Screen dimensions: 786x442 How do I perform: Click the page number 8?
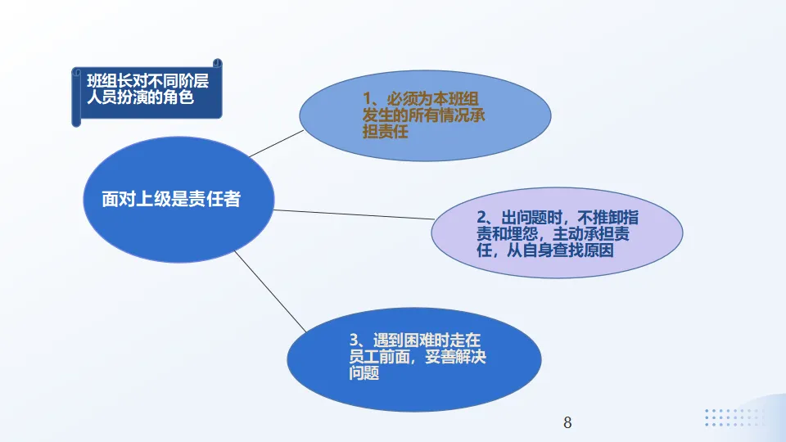567,423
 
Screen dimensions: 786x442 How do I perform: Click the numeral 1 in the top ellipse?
368,98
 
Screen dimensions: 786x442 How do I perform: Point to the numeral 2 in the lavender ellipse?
482,219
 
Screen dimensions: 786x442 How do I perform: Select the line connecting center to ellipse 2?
352,214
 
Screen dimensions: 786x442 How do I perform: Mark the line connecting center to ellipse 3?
270,291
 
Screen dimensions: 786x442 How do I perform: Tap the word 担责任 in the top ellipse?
386,131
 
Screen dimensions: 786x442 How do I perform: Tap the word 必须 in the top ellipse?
404,98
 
